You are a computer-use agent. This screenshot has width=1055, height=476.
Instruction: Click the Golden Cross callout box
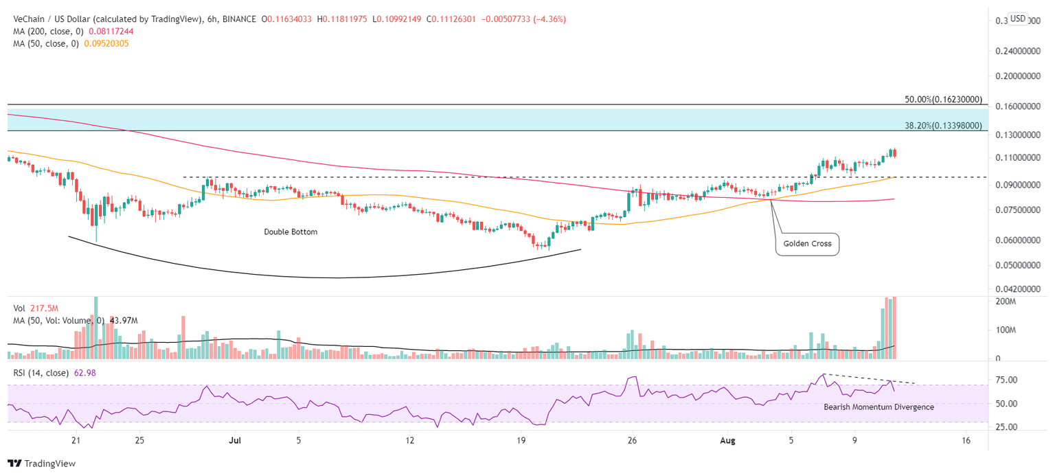[807, 244]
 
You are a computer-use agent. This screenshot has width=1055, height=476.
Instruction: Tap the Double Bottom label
[291, 232]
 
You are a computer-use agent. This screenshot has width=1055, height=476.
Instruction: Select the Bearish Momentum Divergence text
[878, 407]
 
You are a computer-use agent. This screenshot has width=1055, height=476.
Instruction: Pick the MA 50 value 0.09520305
[104, 43]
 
